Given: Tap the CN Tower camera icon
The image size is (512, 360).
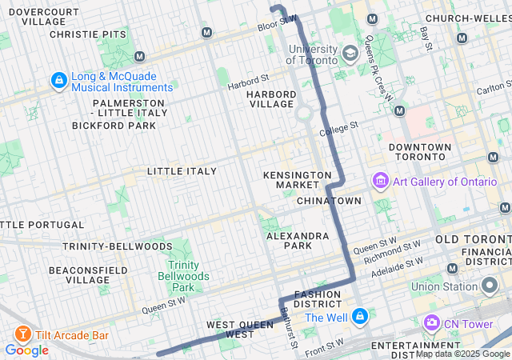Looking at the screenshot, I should (x=432, y=323).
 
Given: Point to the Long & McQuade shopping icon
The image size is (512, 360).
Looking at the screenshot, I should (x=58, y=81).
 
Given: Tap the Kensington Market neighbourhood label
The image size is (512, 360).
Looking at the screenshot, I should (x=298, y=180).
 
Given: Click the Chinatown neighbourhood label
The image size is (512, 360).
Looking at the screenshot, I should (x=329, y=200).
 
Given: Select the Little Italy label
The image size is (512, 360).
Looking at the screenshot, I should (x=182, y=171).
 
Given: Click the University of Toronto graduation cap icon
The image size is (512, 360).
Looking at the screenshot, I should (x=350, y=54).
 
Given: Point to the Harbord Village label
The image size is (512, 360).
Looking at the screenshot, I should (x=271, y=99).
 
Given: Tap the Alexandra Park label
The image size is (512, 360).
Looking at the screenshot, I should (x=298, y=241).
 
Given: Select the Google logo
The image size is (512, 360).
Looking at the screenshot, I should (x=26, y=350).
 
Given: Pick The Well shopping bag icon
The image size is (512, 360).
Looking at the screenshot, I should (x=360, y=317).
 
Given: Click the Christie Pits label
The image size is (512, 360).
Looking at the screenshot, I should (x=87, y=34).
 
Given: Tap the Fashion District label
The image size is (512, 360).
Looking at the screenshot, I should (x=318, y=299).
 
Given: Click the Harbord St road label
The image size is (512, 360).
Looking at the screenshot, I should (x=247, y=80).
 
